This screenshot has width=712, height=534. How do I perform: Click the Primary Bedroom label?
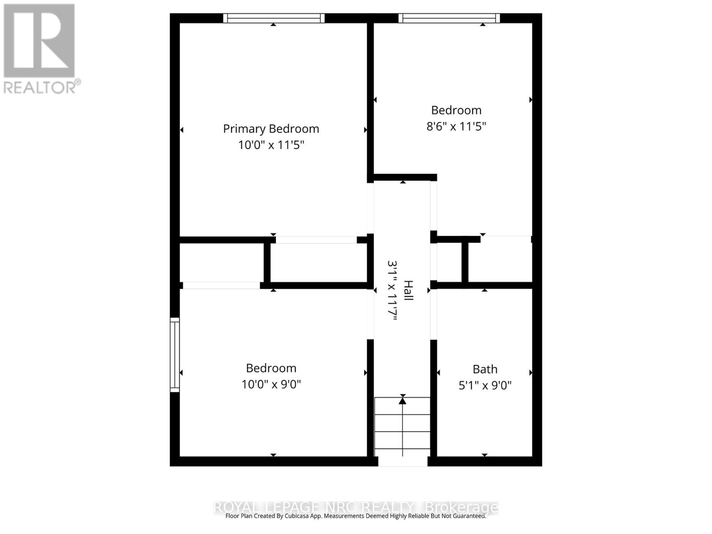[271, 129]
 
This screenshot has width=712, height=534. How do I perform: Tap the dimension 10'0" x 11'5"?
[271, 145]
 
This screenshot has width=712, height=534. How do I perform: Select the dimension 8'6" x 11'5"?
[456, 126]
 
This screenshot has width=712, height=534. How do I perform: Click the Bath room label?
[485, 369]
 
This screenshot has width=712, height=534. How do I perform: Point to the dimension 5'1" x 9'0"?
[485, 385]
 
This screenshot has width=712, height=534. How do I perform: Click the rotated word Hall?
[408, 290]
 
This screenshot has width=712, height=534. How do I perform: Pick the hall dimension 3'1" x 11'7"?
[392, 290]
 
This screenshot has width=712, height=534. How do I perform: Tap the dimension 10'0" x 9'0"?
[271, 384]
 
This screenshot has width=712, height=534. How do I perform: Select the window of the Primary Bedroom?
[273, 18]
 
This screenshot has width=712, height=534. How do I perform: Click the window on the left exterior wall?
[175, 355]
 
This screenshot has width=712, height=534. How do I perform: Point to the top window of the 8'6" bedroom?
[449, 18]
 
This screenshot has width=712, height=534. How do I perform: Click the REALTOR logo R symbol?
[39, 41]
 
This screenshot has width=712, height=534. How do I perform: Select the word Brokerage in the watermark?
[461, 507]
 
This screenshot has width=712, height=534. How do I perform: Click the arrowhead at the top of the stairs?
[403, 401]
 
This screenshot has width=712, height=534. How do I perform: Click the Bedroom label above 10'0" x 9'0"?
[271, 368]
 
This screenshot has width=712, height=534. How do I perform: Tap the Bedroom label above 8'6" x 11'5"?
[456, 110]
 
